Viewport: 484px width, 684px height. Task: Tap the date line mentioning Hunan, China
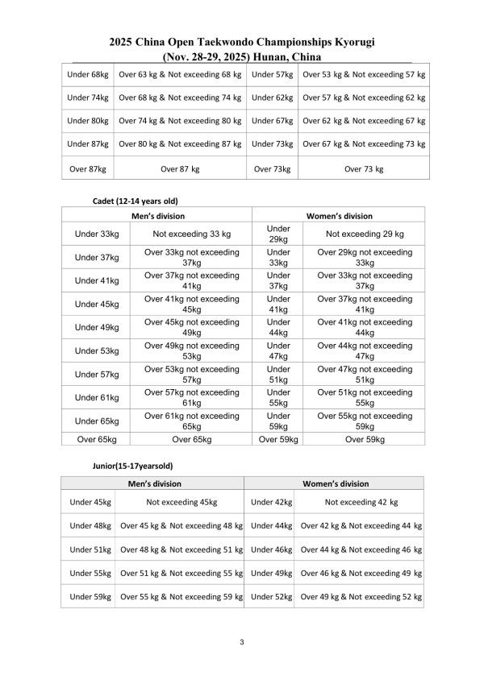click(241, 56)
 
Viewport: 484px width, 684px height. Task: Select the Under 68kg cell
click(88, 74)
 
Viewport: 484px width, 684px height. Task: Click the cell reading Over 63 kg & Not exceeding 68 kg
click(180, 74)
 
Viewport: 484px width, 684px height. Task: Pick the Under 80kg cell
click(88, 121)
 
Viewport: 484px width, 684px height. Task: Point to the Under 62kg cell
click(272, 97)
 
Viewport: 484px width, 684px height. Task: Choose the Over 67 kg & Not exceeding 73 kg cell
click(364, 144)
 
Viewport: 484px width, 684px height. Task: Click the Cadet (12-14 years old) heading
click(136, 201)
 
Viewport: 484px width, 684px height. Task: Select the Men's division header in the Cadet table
click(157, 216)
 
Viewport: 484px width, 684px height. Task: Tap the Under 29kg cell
click(277, 234)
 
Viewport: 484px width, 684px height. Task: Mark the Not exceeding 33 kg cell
click(192, 234)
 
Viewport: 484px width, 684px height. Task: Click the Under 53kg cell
click(97, 350)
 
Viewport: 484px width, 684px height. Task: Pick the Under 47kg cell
click(277, 350)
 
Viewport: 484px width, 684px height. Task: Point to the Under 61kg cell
click(97, 397)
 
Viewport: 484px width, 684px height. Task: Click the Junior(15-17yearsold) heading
click(133, 466)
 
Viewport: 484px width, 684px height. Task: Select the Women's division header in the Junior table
click(336, 483)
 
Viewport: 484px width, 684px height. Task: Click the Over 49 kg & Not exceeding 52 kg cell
click(361, 596)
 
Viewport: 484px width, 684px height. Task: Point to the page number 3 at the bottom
click(241, 642)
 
